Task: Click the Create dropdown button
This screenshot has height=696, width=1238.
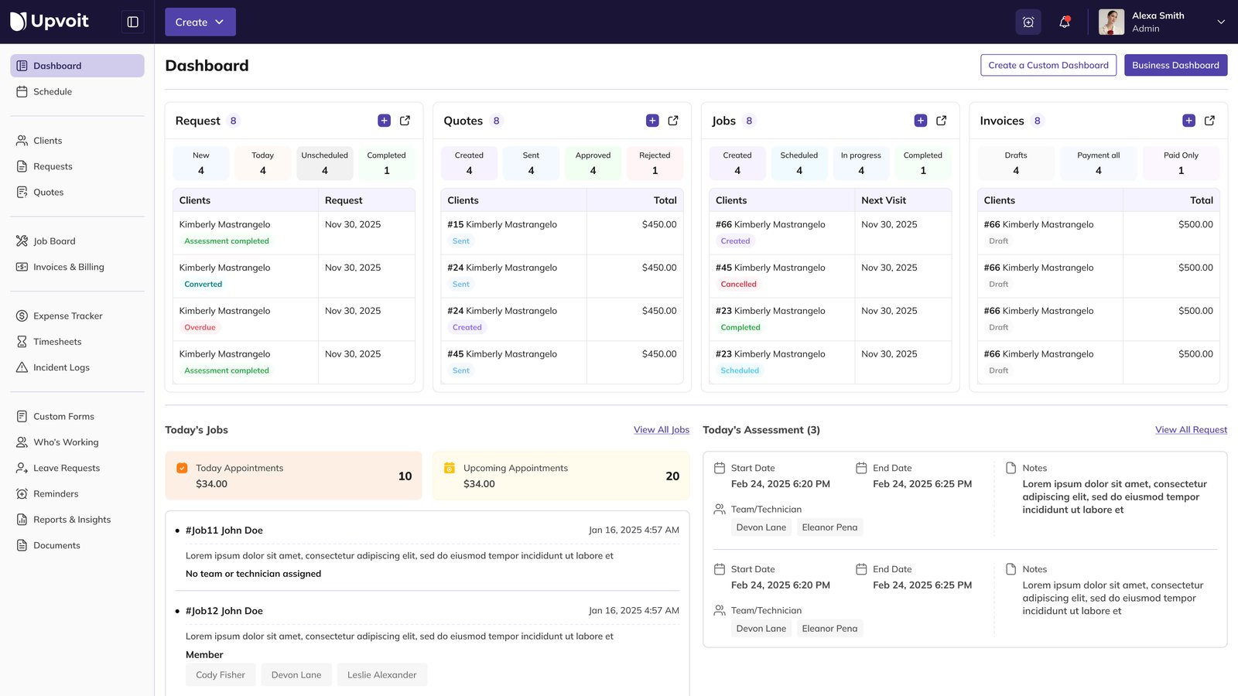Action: pyautogui.click(x=200, y=22)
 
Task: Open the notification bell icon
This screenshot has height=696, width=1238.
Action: pyautogui.click(x=1065, y=22)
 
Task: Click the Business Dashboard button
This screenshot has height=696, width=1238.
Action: pyautogui.click(x=1175, y=65)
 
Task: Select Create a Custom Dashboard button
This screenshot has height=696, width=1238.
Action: pyautogui.click(x=1048, y=65)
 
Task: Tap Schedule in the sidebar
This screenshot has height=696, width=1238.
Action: pyautogui.click(x=53, y=91)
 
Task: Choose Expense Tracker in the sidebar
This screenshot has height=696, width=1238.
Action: pyautogui.click(x=67, y=316)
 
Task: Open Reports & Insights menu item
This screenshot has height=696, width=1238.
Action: pyautogui.click(x=72, y=520)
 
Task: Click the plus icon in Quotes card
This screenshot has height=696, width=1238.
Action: pyautogui.click(x=652, y=121)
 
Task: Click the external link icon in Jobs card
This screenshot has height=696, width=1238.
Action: pyautogui.click(x=942, y=121)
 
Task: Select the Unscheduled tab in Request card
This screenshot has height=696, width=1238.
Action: pyautogui.click(x=324, y=163)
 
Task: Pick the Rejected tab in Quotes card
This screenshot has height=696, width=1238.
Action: pyautogui.click(x=655, y=163)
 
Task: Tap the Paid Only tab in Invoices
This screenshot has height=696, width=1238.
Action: pyautogui.click(x=1181, y=163)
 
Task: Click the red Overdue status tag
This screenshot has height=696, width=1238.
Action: pyautogui.click(x=200, y=327)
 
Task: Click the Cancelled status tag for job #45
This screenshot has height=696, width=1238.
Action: pyautogui.click(x=738, y=284)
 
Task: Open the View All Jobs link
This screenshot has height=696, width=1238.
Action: pyautogui.click(x=662, y=430)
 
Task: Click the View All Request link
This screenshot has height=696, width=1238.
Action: pyautogui.click(x=1191, y=430)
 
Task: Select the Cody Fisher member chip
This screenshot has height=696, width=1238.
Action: pyautogui.click(x=221, y=675)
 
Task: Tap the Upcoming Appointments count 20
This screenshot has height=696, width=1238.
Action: pyautogui.click(x=672, y=476)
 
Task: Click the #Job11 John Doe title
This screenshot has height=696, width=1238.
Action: pyautogui.click(x=224, y=531)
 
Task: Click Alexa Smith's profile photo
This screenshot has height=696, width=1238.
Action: pyautogui.click(x=1111, y=22)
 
